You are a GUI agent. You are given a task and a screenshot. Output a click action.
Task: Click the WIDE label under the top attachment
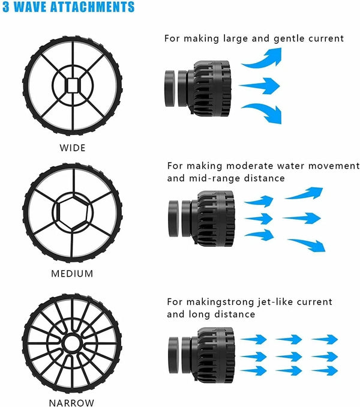click(x=73, y=148)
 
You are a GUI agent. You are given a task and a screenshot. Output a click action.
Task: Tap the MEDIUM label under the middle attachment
click(x=73, y=274)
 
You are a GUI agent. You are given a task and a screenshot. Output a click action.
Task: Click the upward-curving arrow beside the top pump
click(x=263, y=59)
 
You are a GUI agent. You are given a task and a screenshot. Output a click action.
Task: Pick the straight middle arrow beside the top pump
click(x=260, y=86)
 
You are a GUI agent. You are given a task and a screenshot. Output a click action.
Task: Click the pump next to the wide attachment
click(x=199, y=86)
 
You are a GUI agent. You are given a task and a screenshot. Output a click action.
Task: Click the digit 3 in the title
click(x=5, y=8)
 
